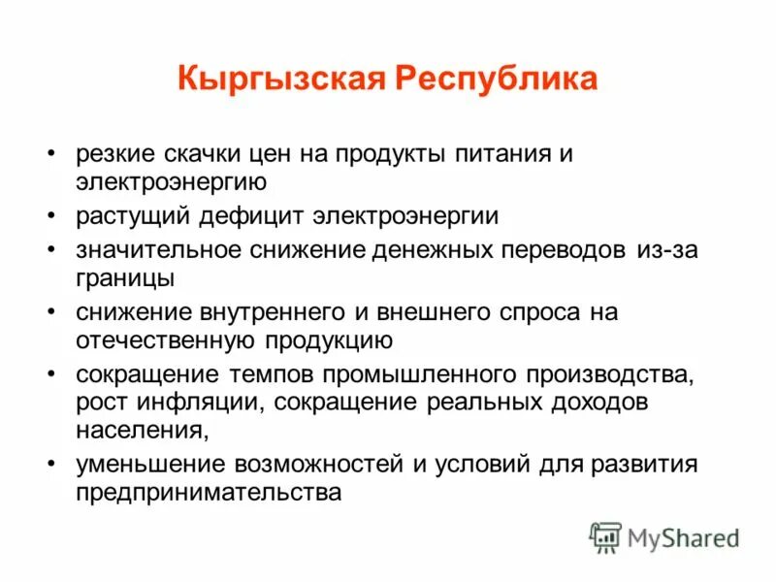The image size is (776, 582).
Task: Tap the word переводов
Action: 551,249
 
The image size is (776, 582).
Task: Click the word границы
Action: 126,278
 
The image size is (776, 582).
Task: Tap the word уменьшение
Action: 145,464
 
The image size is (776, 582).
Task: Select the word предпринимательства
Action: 208,492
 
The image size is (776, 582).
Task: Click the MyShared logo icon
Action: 605,536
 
